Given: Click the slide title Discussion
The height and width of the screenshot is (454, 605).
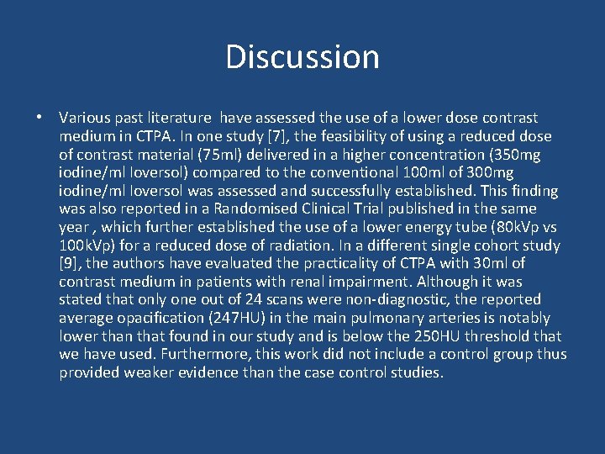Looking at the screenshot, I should click(302, 57).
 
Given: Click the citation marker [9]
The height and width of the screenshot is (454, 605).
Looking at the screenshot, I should click(70, 263).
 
